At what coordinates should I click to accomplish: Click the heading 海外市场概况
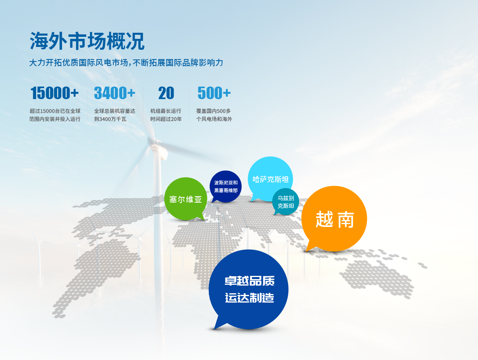pyautogui.click(x=87, y=41)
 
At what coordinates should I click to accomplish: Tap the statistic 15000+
pyautogui.click(x=55, y=93)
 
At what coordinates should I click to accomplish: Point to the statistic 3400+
pyautogui.click(x=115, y=93)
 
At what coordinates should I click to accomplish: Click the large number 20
pyautogui.click(x=166, y=93)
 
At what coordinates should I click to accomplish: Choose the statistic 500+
pyautogui.click(x=214, y=93)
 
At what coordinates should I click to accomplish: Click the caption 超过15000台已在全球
pyautogui.click(x=55, y=111)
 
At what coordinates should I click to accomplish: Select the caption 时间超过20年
pyautogui.click(x=166, y=119)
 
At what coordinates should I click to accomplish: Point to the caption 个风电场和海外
pyautogui.click(x=214, y=119)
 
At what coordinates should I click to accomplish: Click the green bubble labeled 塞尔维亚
pyautogui.click(x=185, y=199)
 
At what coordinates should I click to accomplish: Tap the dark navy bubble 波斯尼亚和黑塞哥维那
pyautogui.click(x=226, y=186)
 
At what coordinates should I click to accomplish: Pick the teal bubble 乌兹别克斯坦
pyautogui.click(x=286, y=201)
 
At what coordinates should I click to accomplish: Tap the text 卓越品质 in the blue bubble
pyautogui.click(x=249, y=281)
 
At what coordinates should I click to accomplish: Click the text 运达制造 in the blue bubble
pyautogui.click(x=249, y=298)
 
